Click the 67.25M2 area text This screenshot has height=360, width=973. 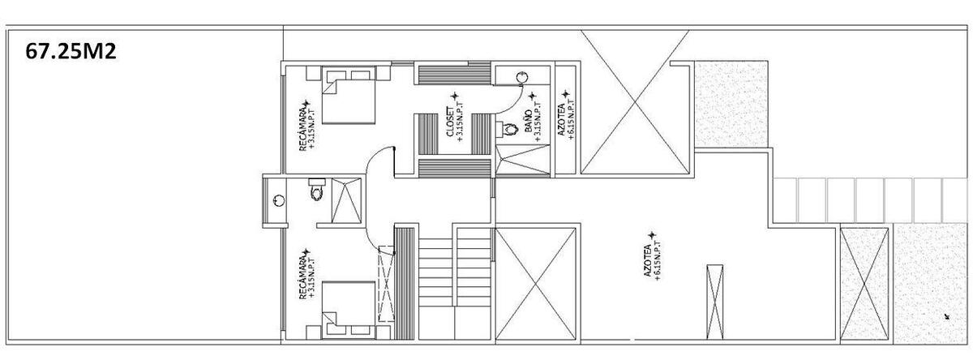click(x=71, y=51)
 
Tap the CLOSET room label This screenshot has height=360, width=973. click(x=450, y=122)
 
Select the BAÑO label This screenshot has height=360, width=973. click(x=528, y=121)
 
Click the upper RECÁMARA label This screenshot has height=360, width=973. click(x=302, y=126)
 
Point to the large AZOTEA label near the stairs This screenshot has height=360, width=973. click(x=648, y=260)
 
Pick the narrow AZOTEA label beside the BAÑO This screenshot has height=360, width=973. click(x=561, y=119)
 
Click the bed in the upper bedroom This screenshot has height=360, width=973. click(x=349, y=95)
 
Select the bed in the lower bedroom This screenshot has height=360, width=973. click(x=349, y=310)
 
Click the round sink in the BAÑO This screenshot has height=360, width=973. click(x=521, y=77)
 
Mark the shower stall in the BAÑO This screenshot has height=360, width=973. click(x=523, y=161)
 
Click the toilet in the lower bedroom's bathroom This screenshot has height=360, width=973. click(x=317, y=190)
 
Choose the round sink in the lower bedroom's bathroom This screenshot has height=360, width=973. click(x=278, y=200)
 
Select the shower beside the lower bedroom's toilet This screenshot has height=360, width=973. click(x=346, y=201)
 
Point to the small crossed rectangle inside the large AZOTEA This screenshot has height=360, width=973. click(x=715, y=302)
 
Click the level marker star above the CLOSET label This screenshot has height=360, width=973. click(x=454, y=96)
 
